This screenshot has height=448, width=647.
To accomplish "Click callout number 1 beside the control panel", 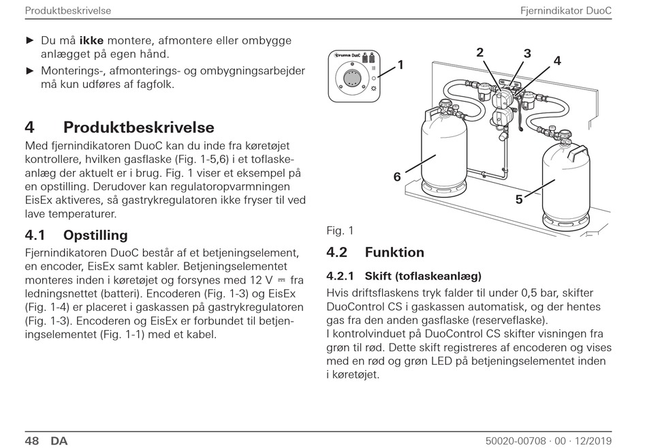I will pyautogui.click(x=400, y=65).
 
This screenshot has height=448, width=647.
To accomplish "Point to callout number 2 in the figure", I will pyautogui.click(x=479, y=52).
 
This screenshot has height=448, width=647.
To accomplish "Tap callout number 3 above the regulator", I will pyautogui.click(x=527, y=54).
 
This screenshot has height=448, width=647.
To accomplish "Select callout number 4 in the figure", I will pyautogui.click(x=557, y=61).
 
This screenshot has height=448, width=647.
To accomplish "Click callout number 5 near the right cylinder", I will pyautogui.click(x=519, y=200).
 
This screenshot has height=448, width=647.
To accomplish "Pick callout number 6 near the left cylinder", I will pyautogui.click(x=397, y=177).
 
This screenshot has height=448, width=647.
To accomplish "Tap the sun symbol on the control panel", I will pyautogui.click(x=374, y=89).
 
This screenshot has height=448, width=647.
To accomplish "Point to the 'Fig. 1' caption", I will pyautogui.click(x=340, y=230).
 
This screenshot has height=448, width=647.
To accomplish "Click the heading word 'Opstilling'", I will pyautogui.click(x=95, y=235).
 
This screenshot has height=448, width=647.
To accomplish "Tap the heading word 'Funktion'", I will pyautogui.click(x=394, y=252).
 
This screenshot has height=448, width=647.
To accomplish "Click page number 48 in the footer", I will pyautogui.click(x=32, y=440).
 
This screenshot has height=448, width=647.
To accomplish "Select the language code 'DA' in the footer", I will pyautogui.click(x=59, y=440).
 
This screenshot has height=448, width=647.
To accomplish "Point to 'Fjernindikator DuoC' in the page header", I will pyautogui.click(x=565, y=11).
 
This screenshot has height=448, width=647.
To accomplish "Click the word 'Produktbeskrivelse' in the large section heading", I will pyautogui.click(x=139, y=128).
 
